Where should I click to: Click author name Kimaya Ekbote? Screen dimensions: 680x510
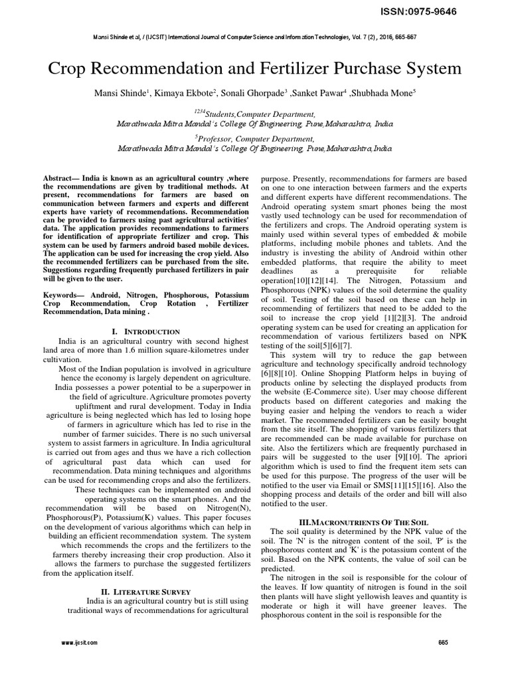point(179,92)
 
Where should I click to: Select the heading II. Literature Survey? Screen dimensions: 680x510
point(145,591)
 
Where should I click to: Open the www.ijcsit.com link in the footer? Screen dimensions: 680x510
point(80,643)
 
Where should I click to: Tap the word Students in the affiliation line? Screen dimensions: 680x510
point(226,114)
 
